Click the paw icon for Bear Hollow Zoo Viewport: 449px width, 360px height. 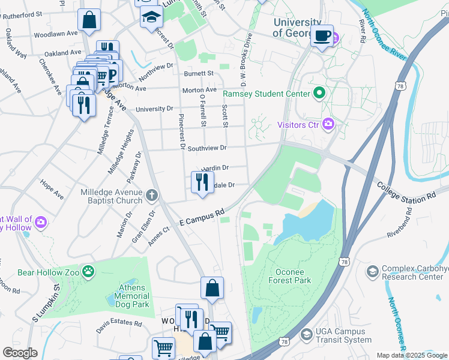coord(89,272)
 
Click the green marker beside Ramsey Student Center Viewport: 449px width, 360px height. coord(319,93)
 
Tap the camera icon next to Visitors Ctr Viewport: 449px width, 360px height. coord(328,125)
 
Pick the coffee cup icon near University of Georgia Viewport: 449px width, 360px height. coord(322,36)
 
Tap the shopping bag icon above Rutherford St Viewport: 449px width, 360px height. coord(89,20)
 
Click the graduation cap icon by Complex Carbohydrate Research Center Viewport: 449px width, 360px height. coord(372,272)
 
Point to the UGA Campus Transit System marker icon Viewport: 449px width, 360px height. coord(306,334)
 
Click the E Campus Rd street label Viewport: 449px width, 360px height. coord(202,217)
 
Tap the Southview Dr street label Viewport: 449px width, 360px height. coord(206,148)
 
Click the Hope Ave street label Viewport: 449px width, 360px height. coord(52,188)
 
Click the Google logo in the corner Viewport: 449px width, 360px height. coord(20,353)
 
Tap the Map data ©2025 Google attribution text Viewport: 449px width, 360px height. coord(412,355)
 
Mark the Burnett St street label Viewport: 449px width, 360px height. coord(199,74)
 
